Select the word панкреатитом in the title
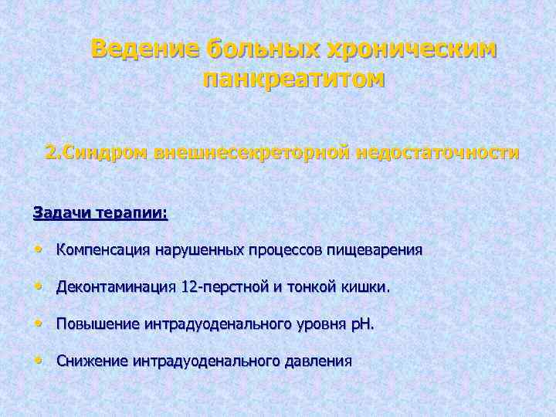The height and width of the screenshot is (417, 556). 293,79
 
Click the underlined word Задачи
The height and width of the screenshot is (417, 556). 63,212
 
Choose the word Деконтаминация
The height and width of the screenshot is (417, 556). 116,288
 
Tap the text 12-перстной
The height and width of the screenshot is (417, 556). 224,288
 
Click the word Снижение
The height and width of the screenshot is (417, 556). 92,361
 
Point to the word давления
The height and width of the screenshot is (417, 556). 317,361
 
